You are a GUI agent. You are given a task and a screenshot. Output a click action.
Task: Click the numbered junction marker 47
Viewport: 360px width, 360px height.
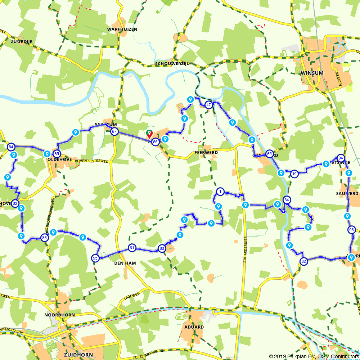click(208, 105)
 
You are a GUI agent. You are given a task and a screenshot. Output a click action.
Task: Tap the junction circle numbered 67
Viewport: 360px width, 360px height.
click(114, 131)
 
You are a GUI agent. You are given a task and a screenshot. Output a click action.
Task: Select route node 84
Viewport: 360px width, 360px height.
click(11, 147)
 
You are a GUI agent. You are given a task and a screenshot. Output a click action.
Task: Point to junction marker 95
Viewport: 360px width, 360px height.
click(95, 258)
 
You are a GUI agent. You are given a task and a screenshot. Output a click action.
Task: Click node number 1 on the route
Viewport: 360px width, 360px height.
click(220, 191)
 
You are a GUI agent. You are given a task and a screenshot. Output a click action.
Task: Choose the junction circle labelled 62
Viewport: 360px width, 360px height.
click(303, 261)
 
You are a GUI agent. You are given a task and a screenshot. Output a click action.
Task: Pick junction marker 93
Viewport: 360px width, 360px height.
click(352, 230)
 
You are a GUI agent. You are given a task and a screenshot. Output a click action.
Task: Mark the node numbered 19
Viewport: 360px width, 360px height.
click(294, 174)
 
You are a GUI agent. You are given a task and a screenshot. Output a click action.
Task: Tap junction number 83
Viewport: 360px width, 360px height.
click(44, 238)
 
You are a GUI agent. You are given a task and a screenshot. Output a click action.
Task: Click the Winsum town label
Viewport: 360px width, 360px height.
click(311, 73)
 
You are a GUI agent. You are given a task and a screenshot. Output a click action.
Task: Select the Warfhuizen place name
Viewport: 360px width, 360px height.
click(122, 29)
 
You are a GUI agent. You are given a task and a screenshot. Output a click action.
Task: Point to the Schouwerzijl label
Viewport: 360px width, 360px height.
click(172, 64)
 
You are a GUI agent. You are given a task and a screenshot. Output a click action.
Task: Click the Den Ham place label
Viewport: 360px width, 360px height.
click(125, 263)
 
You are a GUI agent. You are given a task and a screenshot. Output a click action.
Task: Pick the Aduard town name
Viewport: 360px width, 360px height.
click(194, 327)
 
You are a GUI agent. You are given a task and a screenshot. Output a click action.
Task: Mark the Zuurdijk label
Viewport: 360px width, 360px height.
click(22, 41)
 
